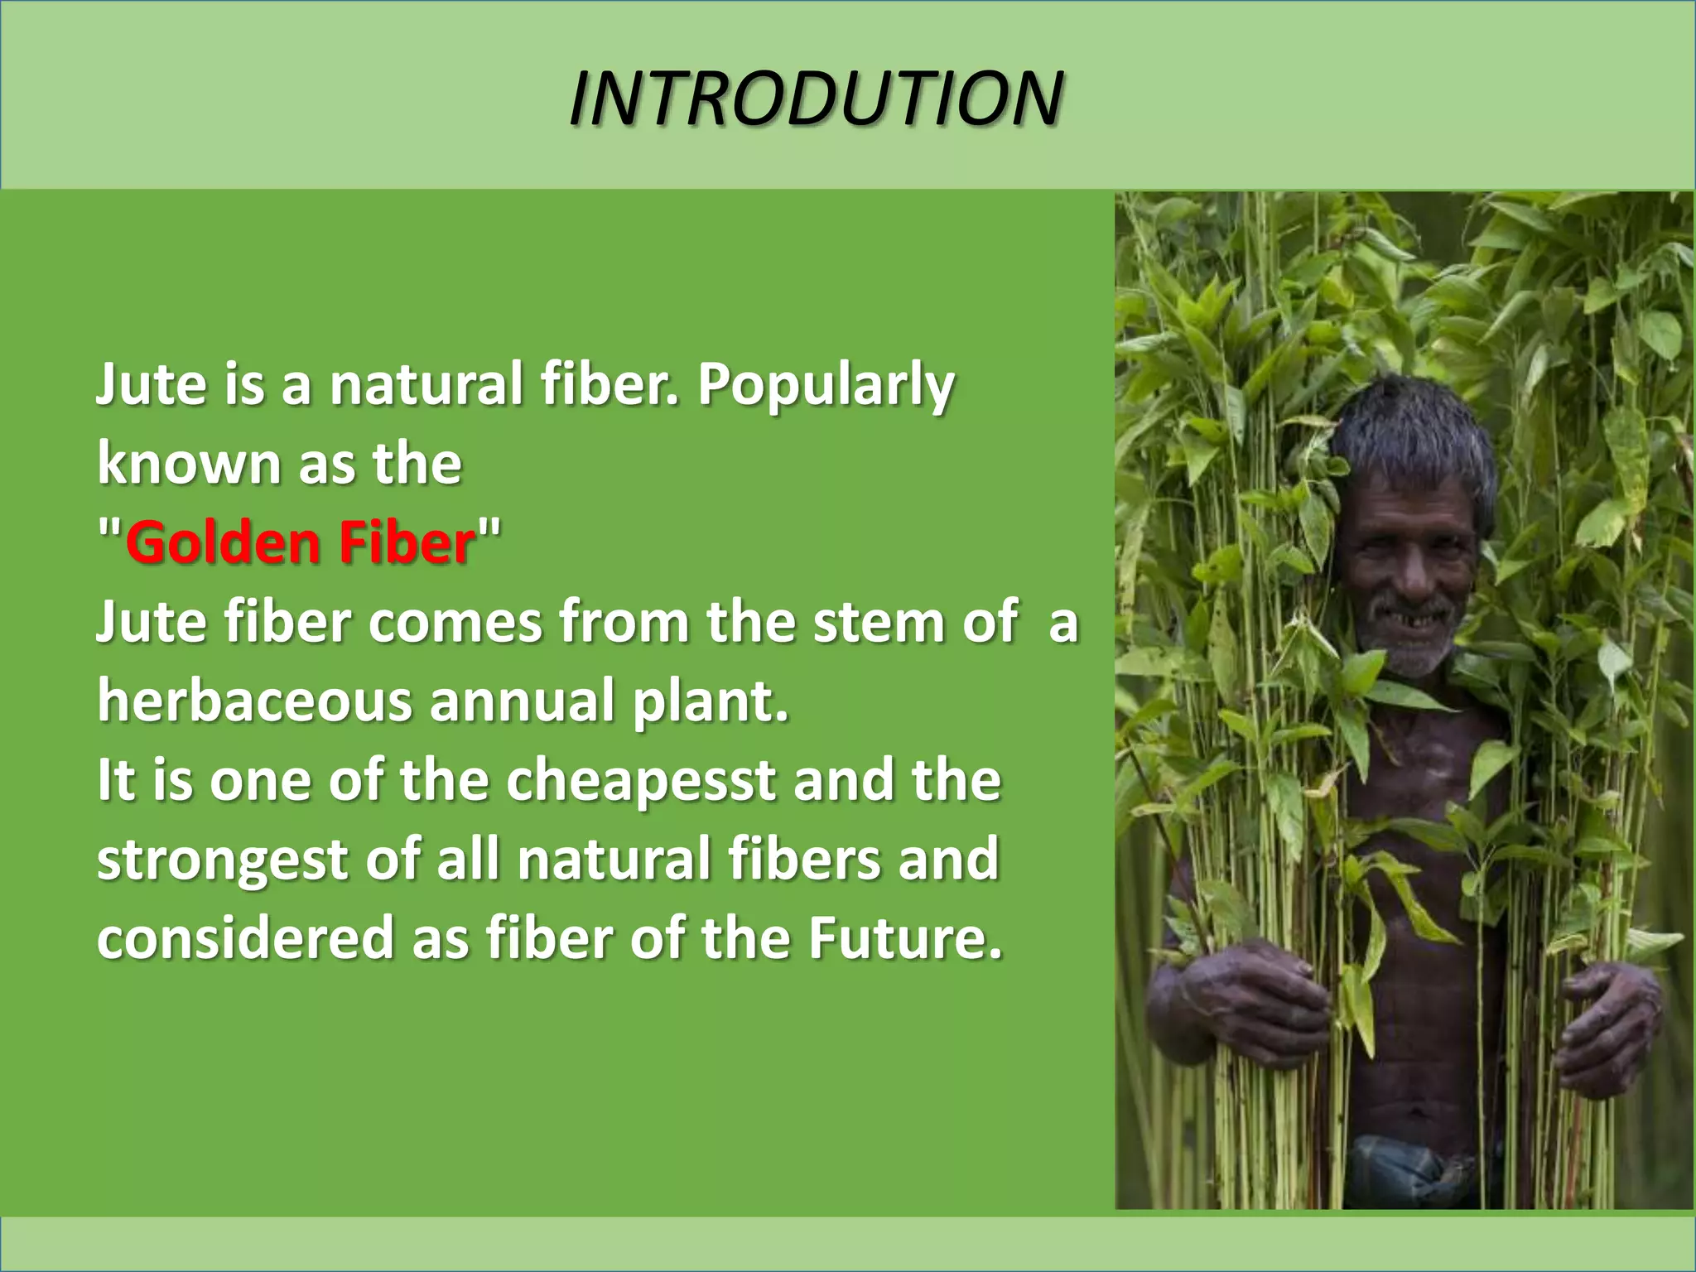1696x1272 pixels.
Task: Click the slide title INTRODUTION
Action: [x=816, y=98]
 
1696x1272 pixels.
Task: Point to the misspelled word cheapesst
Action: [x=641, y=781]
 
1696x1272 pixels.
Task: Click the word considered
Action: [x=245, y=938]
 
